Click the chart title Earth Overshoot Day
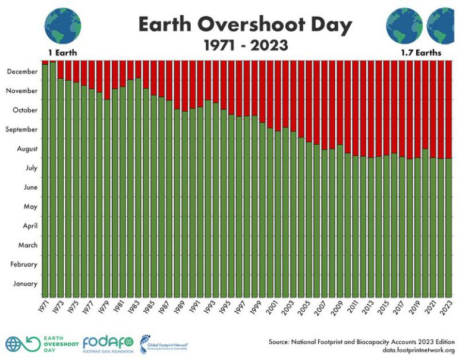click(245, 25)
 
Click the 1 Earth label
click(62, 52)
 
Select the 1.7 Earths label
click(421, 52)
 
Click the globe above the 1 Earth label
click(62, 25)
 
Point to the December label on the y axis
click(22, 71)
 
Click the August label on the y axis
click(26, 149)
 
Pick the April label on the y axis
click(29, 226)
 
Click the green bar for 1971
click(45, 179)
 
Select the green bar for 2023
click(449, 226)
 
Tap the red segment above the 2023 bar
click(449, 107)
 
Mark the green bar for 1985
click(153, 196)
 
